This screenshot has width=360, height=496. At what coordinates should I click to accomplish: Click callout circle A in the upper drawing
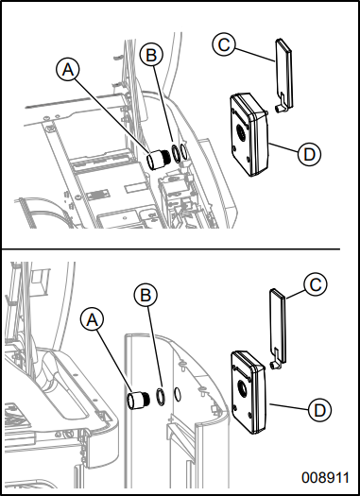click(x=68, y=69)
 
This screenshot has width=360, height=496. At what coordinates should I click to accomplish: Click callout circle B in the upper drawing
click(x=151, y=55)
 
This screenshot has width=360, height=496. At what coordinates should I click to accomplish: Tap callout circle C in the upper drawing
click(x=224, y=44)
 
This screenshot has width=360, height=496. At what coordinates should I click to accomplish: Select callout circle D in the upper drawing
click(x=309, y=154)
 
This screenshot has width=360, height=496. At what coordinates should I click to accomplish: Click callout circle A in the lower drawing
click(x=92, y=320)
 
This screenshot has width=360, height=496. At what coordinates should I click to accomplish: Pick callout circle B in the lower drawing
click(x=146, y=295)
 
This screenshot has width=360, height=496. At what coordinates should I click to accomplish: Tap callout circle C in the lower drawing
click(x=315, y=284)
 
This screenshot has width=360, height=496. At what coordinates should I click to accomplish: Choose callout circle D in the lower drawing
click(x=319, y=410)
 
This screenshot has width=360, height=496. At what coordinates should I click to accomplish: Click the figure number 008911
click(x=326, y=478)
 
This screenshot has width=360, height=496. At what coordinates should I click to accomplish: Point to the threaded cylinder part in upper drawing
click(x=159, y=159)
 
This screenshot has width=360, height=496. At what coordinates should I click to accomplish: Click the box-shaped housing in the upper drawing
click(x=249, y=134)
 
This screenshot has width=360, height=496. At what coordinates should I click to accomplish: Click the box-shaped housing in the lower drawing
click(x=249, y=392)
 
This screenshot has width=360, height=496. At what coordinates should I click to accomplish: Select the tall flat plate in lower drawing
click(x=278, y=325)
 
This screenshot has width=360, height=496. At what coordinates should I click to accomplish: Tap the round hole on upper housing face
click(x=240, y=134)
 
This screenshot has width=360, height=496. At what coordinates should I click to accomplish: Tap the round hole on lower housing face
click(x=242, y=389)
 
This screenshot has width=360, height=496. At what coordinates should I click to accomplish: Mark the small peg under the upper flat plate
click(x=279, y=109)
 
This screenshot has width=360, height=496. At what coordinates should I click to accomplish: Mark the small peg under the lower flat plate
click(x=273, y=366)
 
